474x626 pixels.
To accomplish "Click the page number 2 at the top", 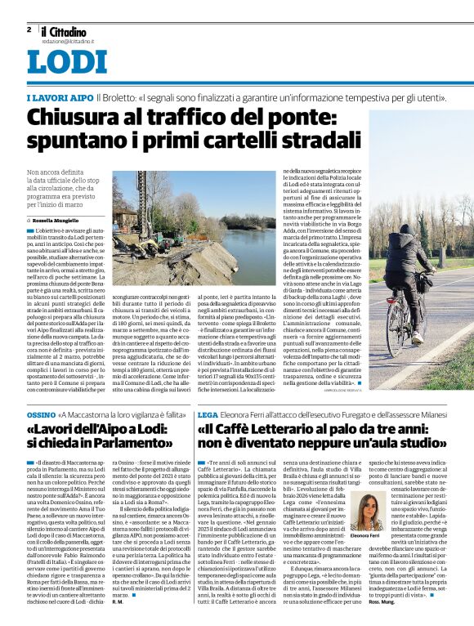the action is click(29, 29).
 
